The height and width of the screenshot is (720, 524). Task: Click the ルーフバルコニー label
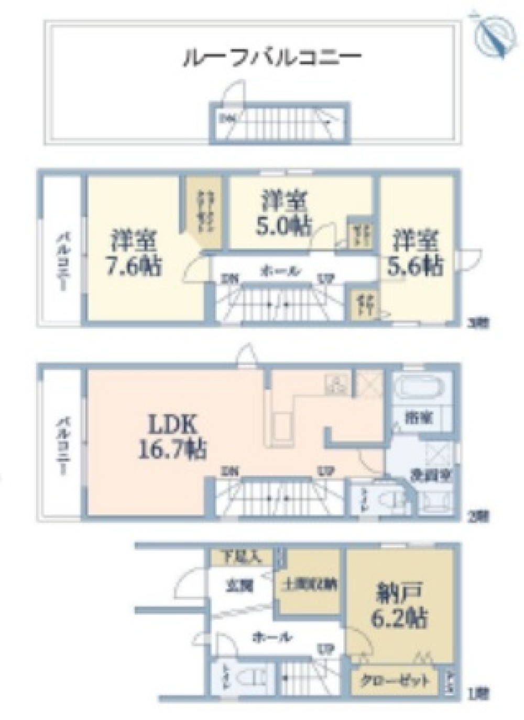[271, 57]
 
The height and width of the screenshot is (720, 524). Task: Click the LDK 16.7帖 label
[171, 436]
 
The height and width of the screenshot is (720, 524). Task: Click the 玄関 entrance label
[240, 585]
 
